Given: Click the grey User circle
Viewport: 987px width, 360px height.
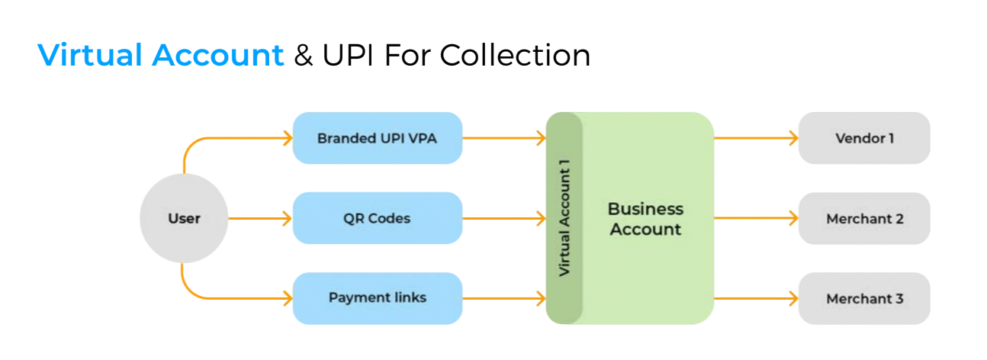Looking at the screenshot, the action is (184, 218).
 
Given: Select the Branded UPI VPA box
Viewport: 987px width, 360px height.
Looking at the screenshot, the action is (378, 138).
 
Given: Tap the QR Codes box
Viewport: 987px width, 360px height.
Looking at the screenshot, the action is (378, 218).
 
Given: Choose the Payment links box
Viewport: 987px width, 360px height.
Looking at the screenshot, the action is (378, 298).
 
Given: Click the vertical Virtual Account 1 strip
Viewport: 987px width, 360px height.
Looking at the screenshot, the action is (564, 218).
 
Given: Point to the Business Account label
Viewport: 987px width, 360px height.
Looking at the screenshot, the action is (645, 219).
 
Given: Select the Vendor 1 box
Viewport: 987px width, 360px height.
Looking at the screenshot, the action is (864, 138).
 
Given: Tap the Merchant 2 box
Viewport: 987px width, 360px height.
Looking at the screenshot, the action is (864, 218).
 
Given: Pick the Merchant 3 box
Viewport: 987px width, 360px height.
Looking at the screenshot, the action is (864, 298).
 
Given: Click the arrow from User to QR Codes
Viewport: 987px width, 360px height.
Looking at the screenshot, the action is (260, 218).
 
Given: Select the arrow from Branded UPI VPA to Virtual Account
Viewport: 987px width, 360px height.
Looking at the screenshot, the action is (504, 138).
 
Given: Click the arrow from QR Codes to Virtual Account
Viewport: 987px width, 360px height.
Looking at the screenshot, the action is (504, 218).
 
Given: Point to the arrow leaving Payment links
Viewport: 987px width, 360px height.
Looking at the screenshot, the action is (504, 298).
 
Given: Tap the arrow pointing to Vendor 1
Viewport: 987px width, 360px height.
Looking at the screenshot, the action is (756, 138).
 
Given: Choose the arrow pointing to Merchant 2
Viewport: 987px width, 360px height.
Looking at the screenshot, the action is (756, 218).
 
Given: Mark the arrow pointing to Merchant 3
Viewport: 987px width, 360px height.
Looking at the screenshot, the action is (756, 298).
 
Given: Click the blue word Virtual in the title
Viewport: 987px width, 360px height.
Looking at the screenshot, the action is (90, 55).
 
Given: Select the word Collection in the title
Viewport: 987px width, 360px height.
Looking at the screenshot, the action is (515, 55).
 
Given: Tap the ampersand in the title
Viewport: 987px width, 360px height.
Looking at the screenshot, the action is (303, 56).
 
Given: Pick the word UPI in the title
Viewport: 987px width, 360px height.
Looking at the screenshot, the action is (348, 55).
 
